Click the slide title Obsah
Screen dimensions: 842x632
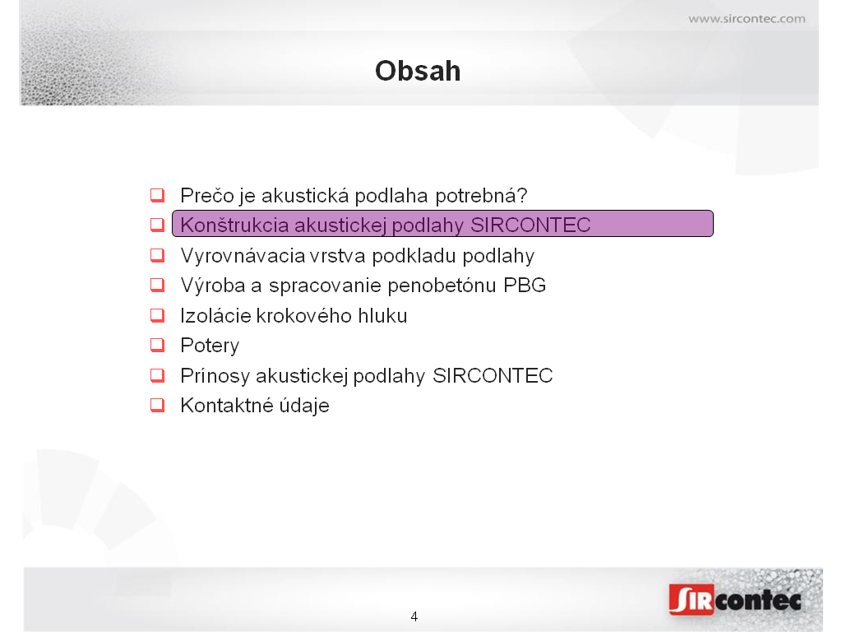(418, 71)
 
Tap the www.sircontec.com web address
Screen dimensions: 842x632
(747, 19)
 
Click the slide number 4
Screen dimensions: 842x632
(414, 616)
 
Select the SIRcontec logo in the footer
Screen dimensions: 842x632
(735, 599)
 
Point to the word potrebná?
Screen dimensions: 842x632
(481, 196)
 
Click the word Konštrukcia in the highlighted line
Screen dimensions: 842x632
(234, 225)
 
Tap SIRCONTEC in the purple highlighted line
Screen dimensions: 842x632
(530, 225)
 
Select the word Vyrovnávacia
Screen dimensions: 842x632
(243, 256)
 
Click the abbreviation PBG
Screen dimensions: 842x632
(525, 285)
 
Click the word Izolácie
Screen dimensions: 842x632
(215, 315)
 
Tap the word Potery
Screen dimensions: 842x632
(210, 346)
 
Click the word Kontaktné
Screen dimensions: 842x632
(226, 405)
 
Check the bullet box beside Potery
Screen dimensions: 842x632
(157, 345)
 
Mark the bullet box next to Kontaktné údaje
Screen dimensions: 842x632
(157, 405)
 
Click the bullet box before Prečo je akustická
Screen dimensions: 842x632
(157, 194)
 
